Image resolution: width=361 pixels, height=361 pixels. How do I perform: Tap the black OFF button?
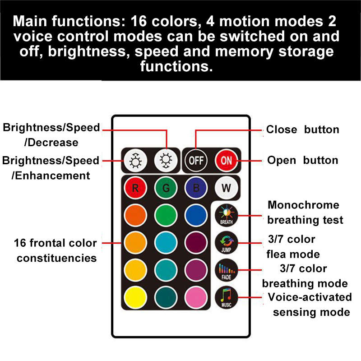[196, 161]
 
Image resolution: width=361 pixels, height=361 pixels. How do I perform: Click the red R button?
[135, 188]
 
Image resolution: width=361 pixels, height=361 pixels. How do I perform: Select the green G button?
[166, 188]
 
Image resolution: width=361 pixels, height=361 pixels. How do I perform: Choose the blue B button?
[196, 188]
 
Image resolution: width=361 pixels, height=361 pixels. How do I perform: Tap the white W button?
[227, 188]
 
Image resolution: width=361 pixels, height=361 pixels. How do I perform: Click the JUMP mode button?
[227, 243]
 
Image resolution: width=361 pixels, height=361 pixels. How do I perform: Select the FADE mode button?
[227, 270]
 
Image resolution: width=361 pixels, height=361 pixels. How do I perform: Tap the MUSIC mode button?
[227, 297]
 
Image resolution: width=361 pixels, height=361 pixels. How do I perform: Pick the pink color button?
[196, 297]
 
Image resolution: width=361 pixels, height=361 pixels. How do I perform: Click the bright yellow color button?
[135, 297]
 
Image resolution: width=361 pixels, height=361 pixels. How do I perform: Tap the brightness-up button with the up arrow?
[135, 161]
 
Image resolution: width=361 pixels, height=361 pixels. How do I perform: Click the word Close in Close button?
[282, 130]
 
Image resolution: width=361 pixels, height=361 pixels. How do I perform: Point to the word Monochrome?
[303, 205]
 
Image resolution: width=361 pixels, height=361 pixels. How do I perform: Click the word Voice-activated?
[310, 297]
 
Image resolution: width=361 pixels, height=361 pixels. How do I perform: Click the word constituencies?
[57, 258]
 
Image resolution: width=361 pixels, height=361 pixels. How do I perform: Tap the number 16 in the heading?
[139, 21]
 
